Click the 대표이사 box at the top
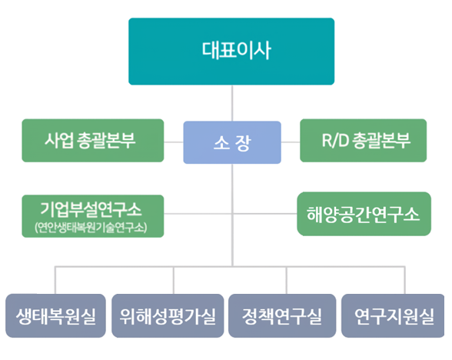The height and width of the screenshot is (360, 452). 231,52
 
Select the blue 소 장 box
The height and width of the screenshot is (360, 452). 232,142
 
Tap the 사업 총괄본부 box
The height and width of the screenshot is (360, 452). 93,141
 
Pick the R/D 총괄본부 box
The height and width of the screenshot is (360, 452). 363,141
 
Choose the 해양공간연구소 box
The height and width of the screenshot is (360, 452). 364,214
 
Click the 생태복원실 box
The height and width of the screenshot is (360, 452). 55,315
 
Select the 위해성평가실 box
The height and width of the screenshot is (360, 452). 168,315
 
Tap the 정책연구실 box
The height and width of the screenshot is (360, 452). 282,315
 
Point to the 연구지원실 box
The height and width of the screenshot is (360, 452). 393,315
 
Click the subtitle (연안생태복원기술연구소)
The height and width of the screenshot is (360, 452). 91,228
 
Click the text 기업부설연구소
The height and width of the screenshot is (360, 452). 91,209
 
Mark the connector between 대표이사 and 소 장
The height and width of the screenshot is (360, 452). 232,103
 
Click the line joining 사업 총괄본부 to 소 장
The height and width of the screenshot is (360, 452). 174,142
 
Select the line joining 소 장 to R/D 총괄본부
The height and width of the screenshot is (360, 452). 291,142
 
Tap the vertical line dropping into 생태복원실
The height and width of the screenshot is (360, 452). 55,280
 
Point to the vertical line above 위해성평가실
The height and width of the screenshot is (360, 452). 174,280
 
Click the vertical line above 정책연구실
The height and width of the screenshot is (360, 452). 286,280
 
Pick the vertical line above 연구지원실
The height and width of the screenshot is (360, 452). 404,280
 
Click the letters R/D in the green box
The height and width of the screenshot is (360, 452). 335,141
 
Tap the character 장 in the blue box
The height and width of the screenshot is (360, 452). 243,143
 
